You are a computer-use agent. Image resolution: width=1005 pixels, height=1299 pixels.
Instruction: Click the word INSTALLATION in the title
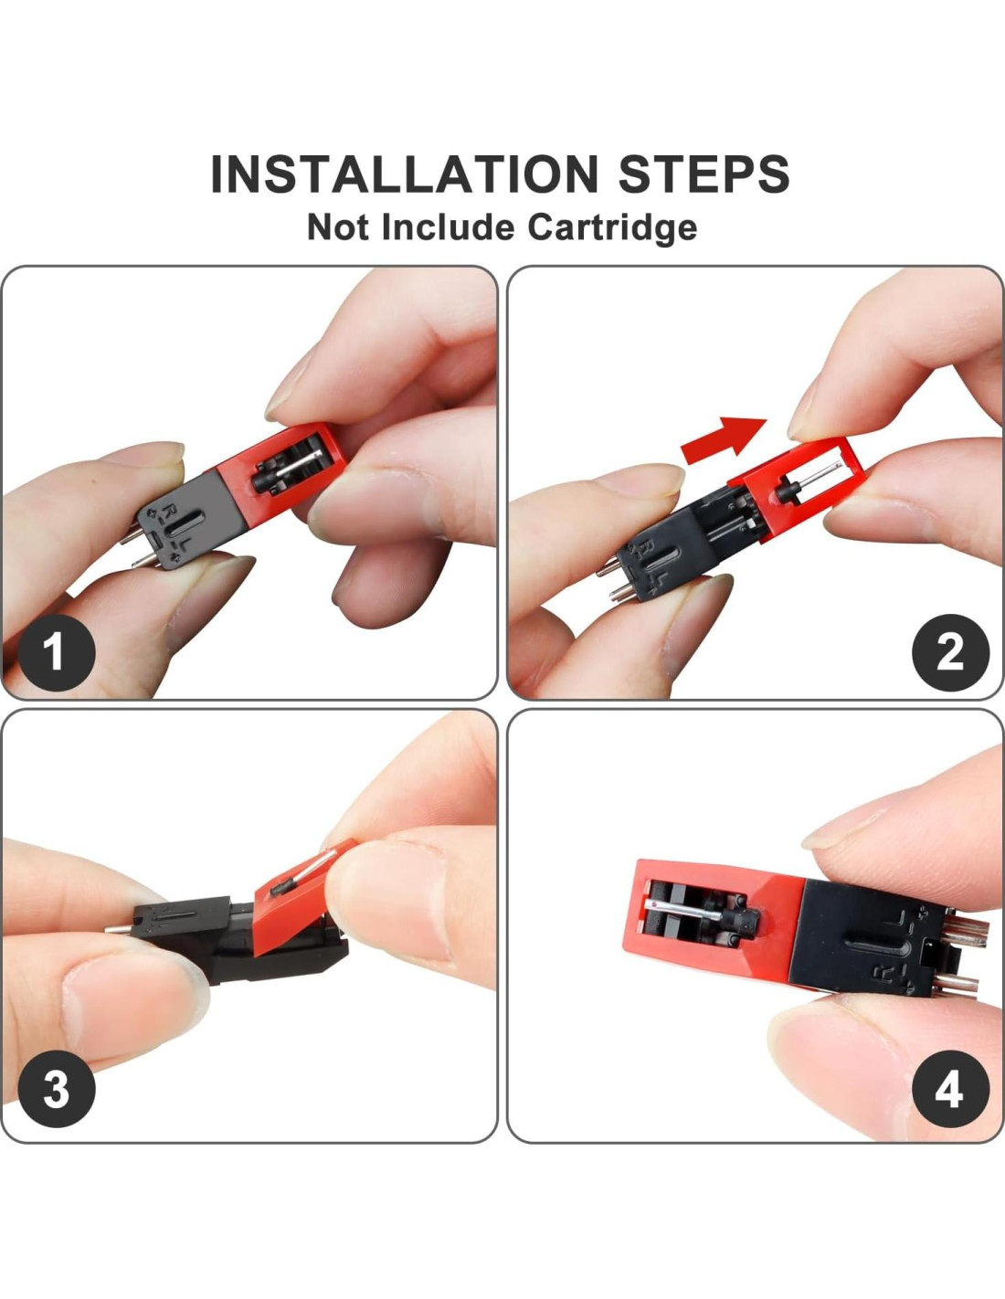coord(404,174)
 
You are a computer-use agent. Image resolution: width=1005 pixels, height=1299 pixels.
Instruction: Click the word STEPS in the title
coord(703,174)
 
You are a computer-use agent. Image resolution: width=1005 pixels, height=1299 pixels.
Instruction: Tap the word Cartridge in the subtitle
coord(612,228)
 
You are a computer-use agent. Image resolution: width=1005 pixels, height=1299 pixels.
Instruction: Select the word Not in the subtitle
coord(336,227)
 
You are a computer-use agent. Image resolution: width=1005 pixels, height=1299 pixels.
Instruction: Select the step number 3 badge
coord(57,1089)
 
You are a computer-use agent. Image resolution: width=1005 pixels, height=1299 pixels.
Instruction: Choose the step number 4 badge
coord(950,1089)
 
